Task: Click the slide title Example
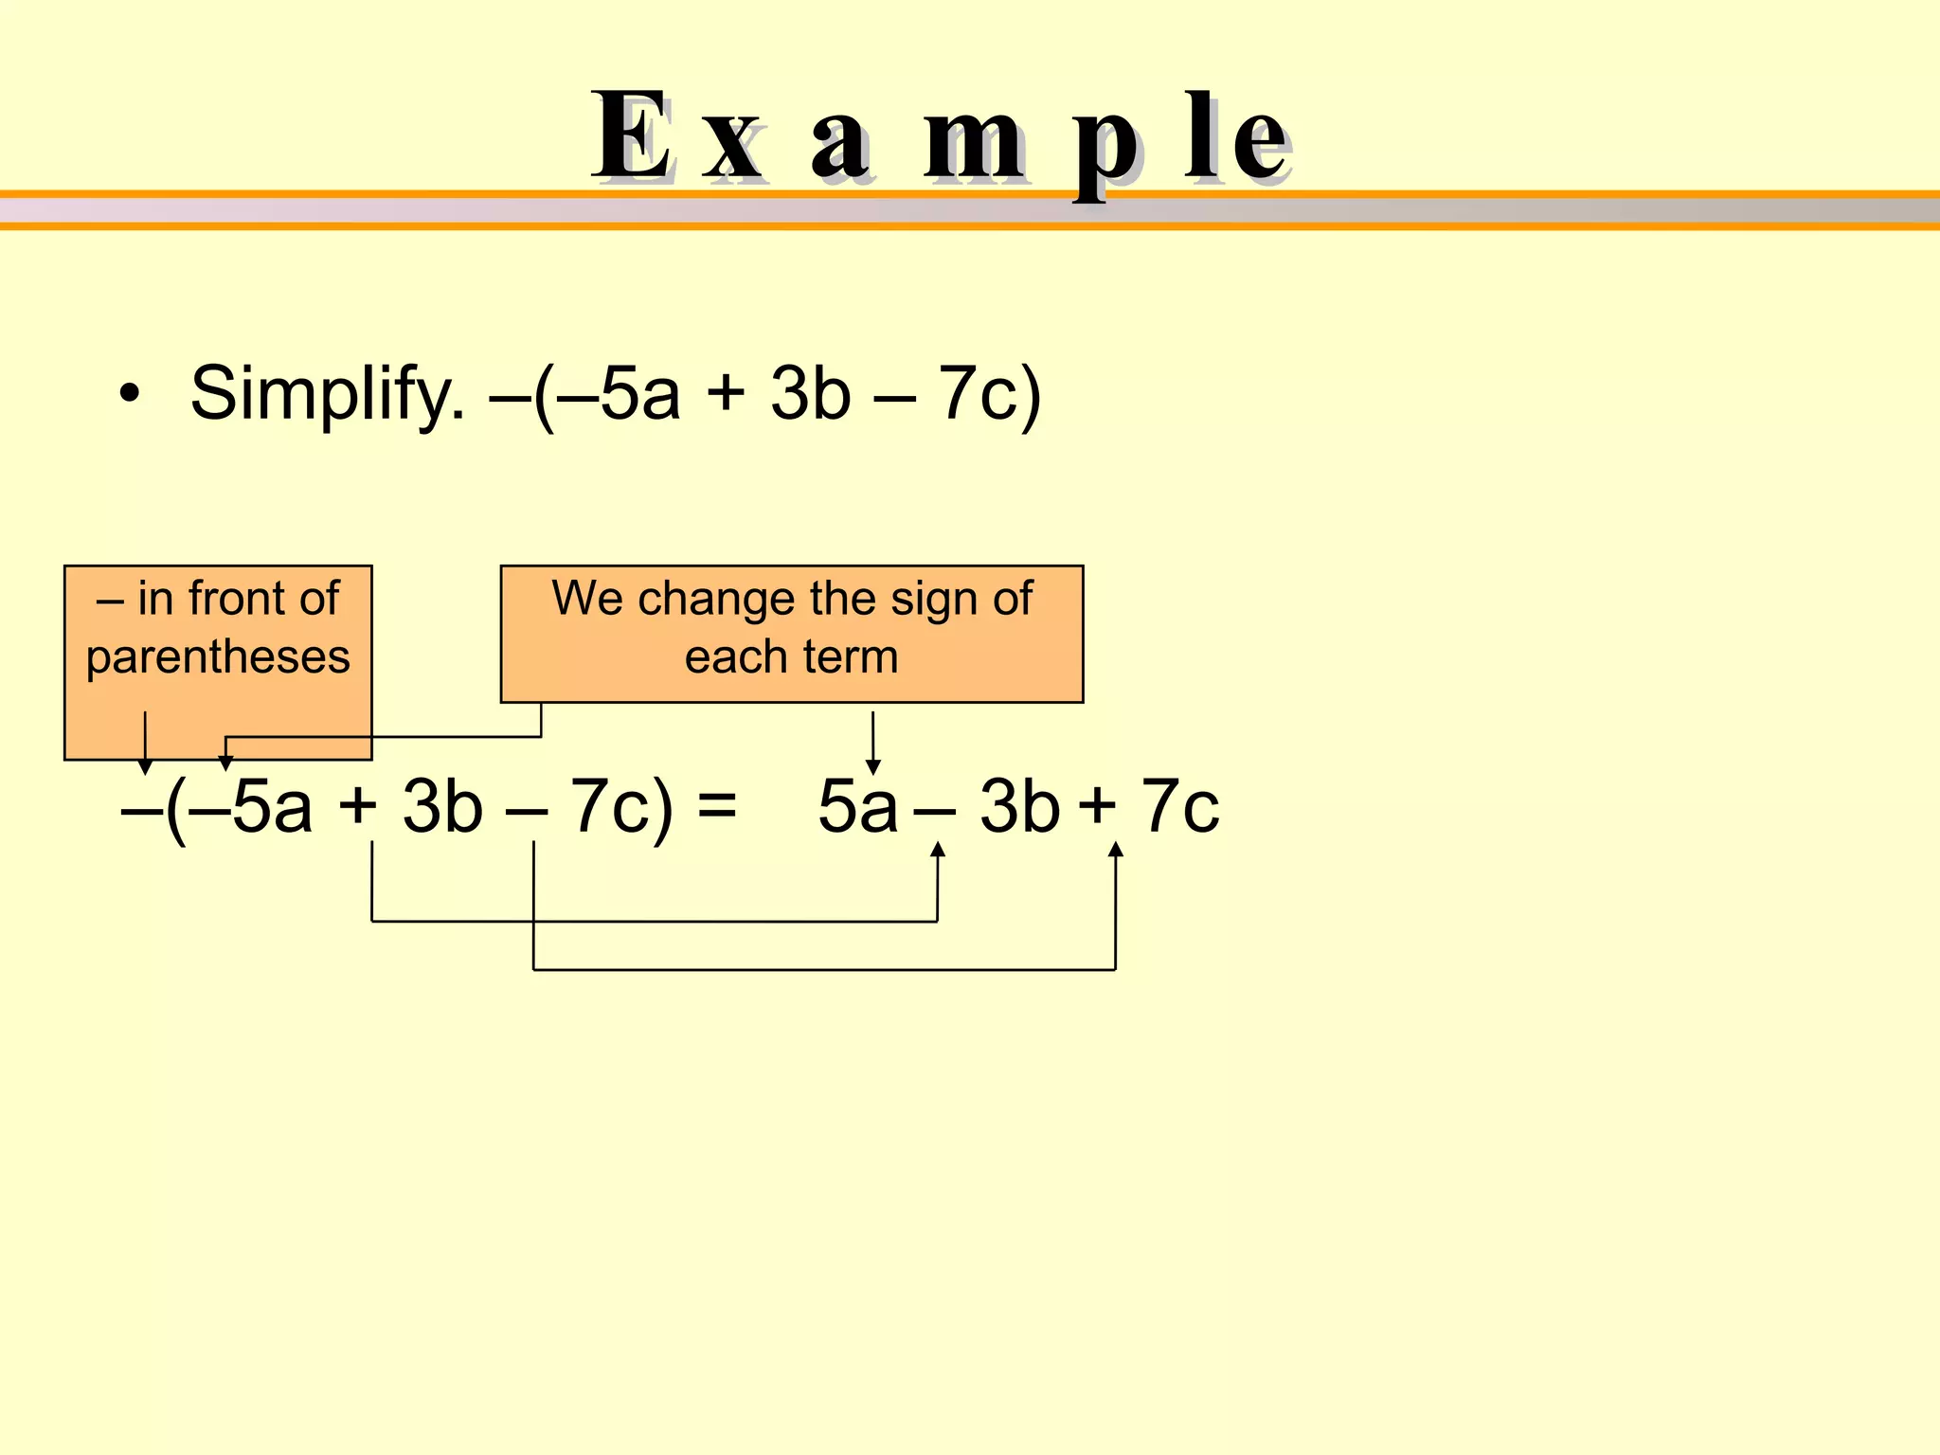point(940,137)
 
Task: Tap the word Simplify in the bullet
point(327,393)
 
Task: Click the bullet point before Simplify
point(130,393)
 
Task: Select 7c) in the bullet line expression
point(990,393)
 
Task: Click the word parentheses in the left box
point(218,656)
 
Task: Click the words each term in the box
point(791,656)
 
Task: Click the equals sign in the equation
point(716,805)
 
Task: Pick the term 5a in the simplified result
point(857,805)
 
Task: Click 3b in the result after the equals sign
point(1019,805)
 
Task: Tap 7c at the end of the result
point(1180,805)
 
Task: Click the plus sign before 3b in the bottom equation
point(358,805)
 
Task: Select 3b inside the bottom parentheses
point(441,805)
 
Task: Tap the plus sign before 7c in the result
point(1098,805)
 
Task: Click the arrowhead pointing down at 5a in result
point(873,765)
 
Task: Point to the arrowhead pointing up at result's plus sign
point(1116,850)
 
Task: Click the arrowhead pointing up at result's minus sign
point(938,850)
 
